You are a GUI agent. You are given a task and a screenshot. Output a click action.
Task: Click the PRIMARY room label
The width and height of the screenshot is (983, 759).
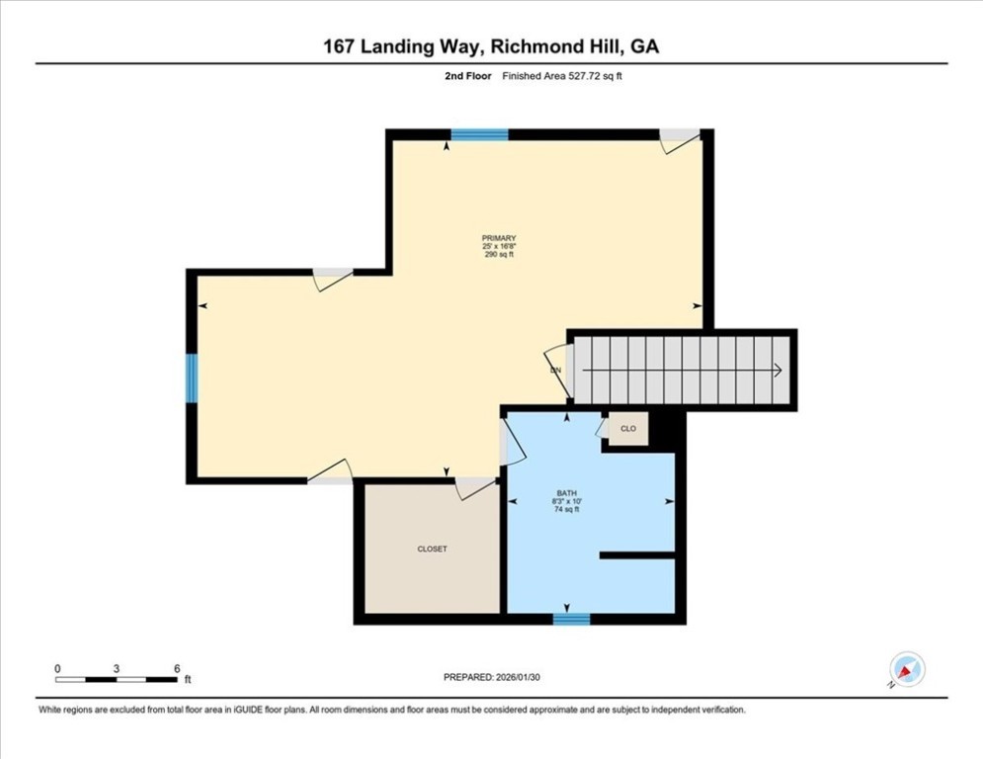(x=499, y=238)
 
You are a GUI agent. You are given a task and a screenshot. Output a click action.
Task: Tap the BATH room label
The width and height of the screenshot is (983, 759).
(x=567, y=494)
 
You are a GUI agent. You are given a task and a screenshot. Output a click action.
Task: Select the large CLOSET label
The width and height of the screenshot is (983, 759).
(x=433, y=548)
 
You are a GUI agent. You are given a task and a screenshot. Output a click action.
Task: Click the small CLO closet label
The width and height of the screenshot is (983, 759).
(x=628, y=429)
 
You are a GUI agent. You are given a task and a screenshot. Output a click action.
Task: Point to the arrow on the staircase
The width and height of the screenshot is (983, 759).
(x=682, y=371)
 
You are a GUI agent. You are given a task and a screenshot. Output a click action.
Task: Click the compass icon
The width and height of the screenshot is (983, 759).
(x=907, y=669)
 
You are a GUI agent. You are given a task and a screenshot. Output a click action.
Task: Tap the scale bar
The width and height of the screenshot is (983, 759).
(x=117, y=679)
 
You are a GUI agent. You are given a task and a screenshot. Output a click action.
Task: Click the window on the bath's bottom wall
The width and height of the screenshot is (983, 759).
(x=571, y=619)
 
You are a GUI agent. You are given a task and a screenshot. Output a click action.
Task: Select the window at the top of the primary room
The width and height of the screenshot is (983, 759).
(x=479, y=134)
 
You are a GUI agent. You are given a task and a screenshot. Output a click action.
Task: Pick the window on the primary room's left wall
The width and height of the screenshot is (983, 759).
(x=192, y=379)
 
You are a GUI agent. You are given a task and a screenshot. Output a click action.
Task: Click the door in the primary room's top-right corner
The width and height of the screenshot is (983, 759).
(x=680, y=140)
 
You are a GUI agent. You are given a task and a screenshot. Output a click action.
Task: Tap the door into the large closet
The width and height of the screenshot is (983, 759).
(x=475, y=488)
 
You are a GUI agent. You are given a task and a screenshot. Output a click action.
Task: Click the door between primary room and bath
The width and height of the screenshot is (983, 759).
(x=512, y=442)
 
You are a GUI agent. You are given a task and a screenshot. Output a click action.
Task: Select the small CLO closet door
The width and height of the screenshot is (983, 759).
(x=603, y=428)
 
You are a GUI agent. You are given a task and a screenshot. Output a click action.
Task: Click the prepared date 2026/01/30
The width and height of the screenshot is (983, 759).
(x=518, y=677)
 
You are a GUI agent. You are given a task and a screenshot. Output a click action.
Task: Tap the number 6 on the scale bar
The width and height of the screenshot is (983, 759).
(x=178, y=669)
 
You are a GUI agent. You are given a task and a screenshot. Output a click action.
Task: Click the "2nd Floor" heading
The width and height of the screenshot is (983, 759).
(x=468, y=76)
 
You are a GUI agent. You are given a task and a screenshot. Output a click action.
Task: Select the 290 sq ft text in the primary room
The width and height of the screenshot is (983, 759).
(x=499, y=255)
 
